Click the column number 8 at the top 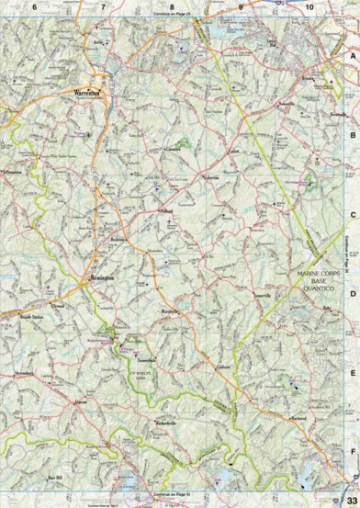click(172, 6)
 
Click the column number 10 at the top click(309, 6)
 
